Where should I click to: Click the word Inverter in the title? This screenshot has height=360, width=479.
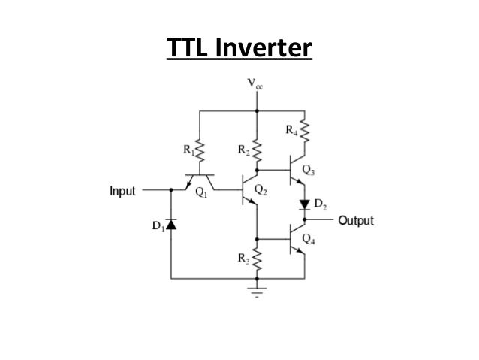[263, 49]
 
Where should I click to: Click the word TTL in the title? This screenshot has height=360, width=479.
[188, 49]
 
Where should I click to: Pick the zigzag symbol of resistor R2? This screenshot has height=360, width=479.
[256, 150]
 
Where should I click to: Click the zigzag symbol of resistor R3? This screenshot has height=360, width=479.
[256, 259]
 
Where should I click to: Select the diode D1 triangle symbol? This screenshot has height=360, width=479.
[170, 224]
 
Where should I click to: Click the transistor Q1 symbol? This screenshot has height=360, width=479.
[199, 180]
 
